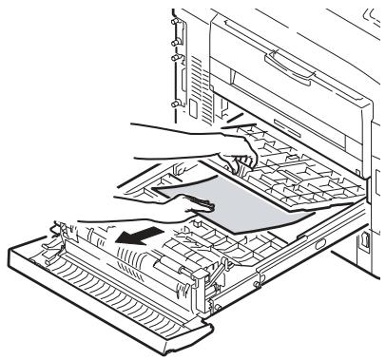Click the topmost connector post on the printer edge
tap(175, 16)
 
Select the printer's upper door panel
tap(285, 47)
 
